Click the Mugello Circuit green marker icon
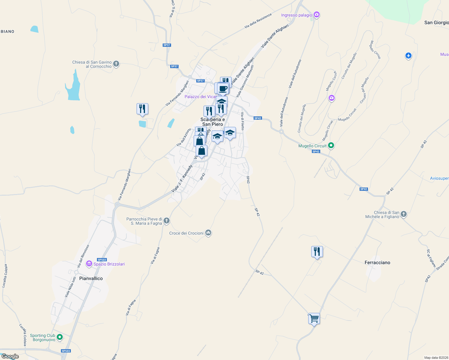click(x=331, y=145)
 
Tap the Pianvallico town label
click(x=91, y=278)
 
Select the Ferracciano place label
click(x=377, y=262)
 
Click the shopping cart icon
click(x=314, y=318)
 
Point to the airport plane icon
click(x=408, y=55)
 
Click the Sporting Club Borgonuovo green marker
click(x=60, y=337)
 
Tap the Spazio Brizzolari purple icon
click(x=89, y=264)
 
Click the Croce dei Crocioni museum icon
click(x=208, y=233)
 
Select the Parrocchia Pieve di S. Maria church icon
click(x=167, y=221)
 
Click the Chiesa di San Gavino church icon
click(x=116, y=64)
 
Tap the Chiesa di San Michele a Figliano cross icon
click(x=404, y=214)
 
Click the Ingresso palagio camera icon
click(x=316, y=14)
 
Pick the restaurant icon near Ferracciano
click(x=317, y=251)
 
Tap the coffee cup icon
click(x=223, y=88)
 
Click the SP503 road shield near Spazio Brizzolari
click(x=102, y=260)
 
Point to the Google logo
click(x=10, y=356)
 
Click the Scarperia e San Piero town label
click(x=212, y=122)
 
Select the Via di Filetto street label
click(x=243, y=121)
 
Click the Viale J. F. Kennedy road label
click(x=182, y=179)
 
